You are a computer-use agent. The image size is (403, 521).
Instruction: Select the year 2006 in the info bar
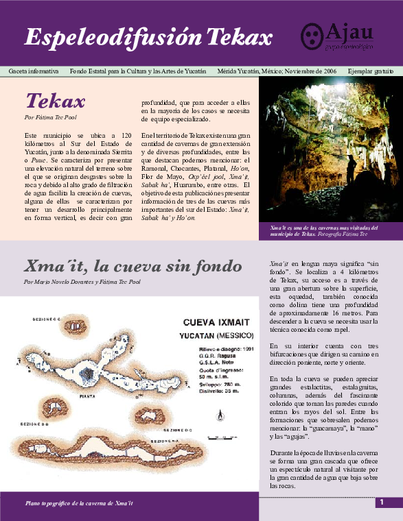point(327,71)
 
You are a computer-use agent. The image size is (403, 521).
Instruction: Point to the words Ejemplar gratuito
point(371,71)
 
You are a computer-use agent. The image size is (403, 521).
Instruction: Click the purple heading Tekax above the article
point(55,101)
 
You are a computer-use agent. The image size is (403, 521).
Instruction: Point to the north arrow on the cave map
point(219,413)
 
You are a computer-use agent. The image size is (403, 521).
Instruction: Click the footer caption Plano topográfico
point(78,504)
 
